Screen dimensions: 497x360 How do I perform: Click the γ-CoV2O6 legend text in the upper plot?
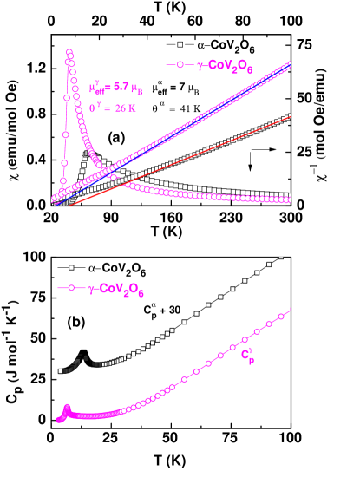[226, 66]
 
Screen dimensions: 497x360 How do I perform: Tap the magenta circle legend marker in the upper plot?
[180, 65]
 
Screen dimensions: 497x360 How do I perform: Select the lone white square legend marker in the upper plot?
[180, 44]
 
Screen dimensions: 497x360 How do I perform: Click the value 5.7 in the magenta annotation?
[126, 88]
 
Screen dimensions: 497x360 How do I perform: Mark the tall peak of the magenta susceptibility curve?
[69, 53]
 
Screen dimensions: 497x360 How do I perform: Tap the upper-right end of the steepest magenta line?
[290, 63]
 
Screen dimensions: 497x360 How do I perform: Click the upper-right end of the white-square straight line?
[290, 114]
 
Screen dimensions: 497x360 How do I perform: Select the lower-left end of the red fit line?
[69, 206]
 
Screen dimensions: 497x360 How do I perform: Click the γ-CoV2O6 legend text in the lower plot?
[116, 289]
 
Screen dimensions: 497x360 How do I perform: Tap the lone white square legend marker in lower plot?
[71, 268]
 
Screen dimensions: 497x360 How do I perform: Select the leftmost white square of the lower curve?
[61, 371]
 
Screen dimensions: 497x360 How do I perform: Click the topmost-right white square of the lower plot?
[280, 258]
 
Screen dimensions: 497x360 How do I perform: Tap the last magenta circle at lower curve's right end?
[290, 309]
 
